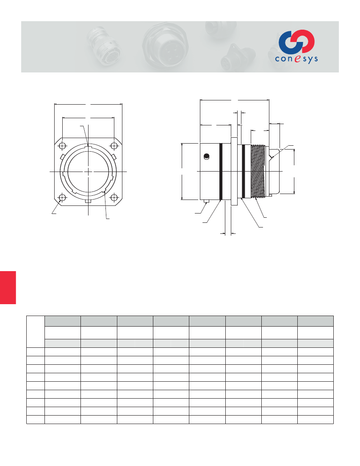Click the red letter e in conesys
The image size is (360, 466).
(x=297, y=59)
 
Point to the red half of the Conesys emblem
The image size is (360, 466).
(x=306, y=41)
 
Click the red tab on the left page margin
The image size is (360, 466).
(x=8, y=288)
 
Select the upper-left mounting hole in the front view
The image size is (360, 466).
(x=63, y=146)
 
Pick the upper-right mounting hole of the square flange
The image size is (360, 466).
(x=114, y=146)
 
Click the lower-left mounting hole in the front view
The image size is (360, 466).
(x=63, y=198)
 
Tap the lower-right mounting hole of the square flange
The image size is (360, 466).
(x=114, y=198)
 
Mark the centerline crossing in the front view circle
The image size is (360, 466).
(x=88, y=172)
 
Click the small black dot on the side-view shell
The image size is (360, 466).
(x=206, y=157)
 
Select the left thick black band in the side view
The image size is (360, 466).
(x=221, y=171)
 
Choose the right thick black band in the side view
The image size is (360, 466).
(x=244, y=171)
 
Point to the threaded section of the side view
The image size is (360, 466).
(x=258, y=171)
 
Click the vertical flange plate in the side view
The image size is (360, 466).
(x=234, y=171)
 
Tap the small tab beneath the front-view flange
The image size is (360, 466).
(x=88, y=202)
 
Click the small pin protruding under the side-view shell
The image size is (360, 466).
(x=206, y=201)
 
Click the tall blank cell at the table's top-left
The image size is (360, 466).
(x=36, y=331)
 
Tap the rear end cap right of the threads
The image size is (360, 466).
(x=273, y=171)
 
